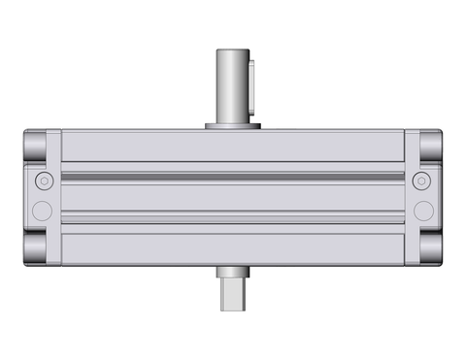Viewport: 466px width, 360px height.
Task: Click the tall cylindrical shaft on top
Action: coord(231,87)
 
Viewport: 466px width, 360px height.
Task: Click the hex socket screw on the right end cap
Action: coord(421,181)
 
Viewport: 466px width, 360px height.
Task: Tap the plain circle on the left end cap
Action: coord(41,211)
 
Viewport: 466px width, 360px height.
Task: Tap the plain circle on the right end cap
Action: coord(422,211)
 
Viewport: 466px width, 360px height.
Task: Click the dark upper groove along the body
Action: coord(233,175)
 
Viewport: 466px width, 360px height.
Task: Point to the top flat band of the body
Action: coord(233,147)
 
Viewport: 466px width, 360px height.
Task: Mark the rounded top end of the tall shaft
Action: coord(231,49)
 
